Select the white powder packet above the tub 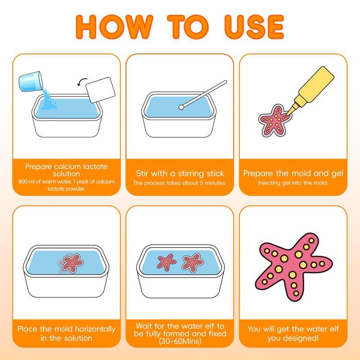tap(101, 89)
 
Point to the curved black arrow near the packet tap(82, 82)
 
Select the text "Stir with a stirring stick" tap(180, 173)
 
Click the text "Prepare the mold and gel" tap(293, 173)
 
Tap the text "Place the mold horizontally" tap(67, 329)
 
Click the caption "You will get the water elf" tap(293, 329)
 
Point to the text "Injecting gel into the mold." tap(293, 183)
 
